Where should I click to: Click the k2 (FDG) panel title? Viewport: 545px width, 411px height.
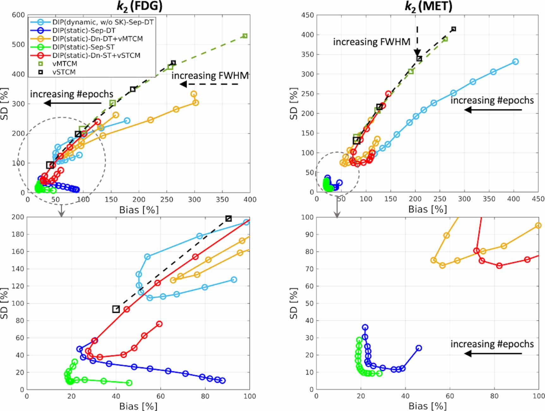point(139,6)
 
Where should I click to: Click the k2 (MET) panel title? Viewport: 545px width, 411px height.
point(428,6)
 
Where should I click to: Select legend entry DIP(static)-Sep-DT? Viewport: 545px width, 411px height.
point(84,30)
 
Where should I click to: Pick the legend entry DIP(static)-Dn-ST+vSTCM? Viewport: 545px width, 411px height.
point(96,55)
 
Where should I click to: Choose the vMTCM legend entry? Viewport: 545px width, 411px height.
point(64,63)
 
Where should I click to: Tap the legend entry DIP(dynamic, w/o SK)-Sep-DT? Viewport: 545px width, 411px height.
point(103,22)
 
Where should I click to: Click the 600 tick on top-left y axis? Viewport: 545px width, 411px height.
point(18,15)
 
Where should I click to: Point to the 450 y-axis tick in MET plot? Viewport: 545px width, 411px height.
point(307,15)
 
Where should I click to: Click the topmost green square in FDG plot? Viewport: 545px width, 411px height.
point(245,36)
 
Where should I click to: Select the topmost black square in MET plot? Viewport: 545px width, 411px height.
point(454,29)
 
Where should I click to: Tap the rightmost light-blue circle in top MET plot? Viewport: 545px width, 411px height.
point(515,62)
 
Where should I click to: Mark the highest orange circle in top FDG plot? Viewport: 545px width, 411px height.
point(194,94)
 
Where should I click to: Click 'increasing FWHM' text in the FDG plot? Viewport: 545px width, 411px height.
point(210,76)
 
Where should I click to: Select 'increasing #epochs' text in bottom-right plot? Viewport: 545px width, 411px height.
point(492,344)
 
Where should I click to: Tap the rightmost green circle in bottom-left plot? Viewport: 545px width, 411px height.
point(129,383)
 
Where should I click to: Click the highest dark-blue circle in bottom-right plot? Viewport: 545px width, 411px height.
point(365,327)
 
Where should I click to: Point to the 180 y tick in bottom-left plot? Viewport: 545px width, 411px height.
point(18,234)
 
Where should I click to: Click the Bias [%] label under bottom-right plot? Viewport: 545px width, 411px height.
point(427,406)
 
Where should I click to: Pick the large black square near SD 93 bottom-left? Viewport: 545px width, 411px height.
point(116,309)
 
